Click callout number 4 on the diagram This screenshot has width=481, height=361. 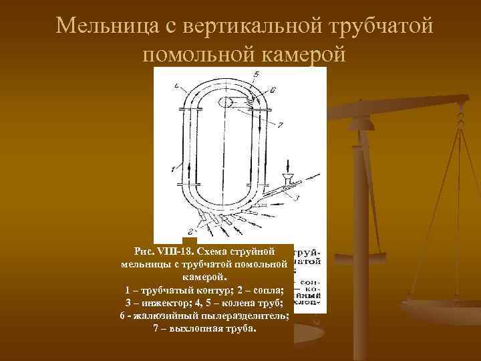point(176,86)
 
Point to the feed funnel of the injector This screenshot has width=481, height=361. point(289,179)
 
